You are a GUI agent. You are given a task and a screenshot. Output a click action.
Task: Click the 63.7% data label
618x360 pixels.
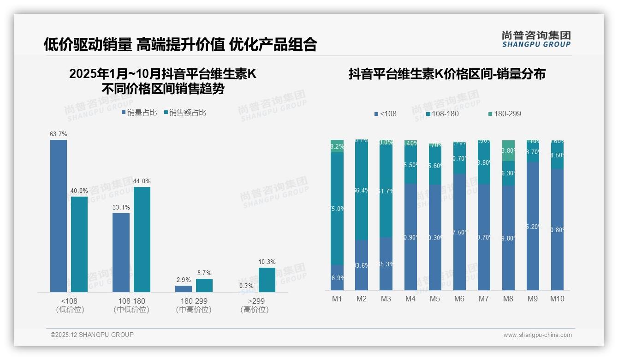(x=59, y=134)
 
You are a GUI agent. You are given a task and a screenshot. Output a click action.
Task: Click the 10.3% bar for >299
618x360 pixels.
(x=267, y=280)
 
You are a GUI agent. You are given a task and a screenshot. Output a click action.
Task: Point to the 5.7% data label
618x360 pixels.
(x=204, y=273)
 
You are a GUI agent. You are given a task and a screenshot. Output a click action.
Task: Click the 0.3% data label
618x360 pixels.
(x=246, y=286)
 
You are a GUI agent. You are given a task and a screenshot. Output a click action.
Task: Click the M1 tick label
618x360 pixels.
(x=337, y=299)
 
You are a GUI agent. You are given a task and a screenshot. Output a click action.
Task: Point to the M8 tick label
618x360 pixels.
(x=508, y=299)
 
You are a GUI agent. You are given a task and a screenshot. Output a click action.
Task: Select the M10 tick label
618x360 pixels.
(x=557, y=299)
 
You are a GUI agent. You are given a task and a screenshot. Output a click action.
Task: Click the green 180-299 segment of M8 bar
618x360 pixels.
(x=508, y=150)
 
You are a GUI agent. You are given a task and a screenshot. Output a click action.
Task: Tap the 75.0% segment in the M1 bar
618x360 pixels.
(x=337, y=208)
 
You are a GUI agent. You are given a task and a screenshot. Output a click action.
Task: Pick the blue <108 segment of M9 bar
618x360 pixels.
(x=533, y=226)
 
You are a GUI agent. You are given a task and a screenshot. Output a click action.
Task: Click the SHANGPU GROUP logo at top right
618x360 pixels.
(x=536, y=39)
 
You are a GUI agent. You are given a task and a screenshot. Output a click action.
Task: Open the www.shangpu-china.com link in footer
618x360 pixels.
(x=537, y=335)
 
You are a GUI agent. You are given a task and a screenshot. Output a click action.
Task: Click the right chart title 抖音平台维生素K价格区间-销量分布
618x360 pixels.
(x=447, y=74)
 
